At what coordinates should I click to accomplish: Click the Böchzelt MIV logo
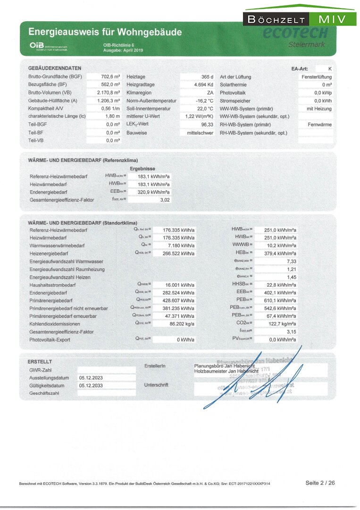300,19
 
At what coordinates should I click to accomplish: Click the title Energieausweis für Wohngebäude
105,33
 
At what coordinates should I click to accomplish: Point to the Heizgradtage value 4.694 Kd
204,85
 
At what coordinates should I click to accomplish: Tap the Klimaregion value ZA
210,93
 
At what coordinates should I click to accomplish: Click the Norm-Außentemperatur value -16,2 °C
205,101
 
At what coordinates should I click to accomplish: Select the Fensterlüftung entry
317,76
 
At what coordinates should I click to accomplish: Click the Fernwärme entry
319,125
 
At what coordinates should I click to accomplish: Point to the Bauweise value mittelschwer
201,133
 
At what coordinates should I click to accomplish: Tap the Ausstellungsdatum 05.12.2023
91,378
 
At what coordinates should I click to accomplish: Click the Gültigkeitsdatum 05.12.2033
91,385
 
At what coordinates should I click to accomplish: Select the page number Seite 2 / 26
320,483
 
